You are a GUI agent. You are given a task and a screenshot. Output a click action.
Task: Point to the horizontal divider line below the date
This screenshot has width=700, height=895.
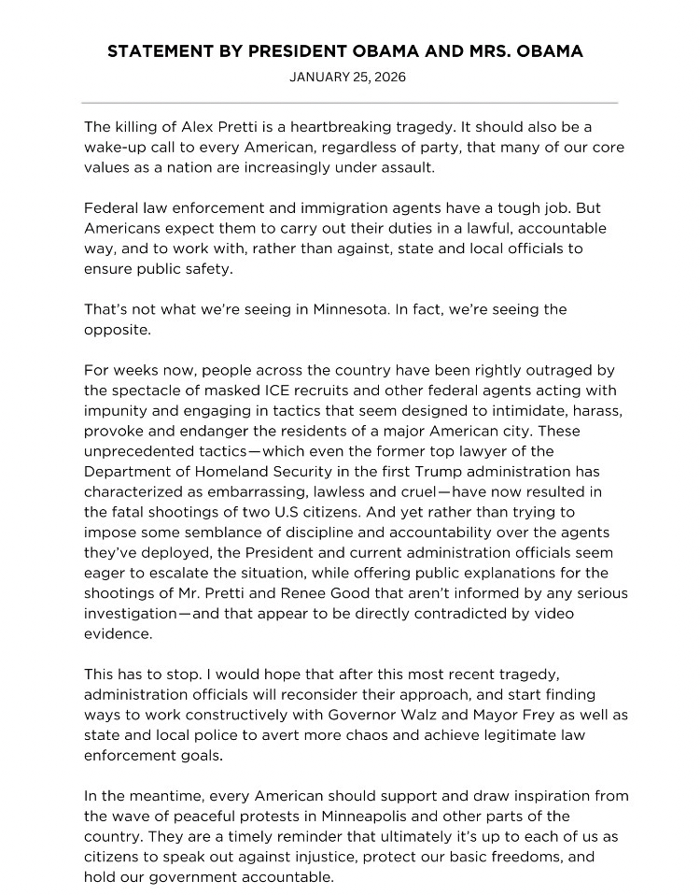(x=350, y=102)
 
